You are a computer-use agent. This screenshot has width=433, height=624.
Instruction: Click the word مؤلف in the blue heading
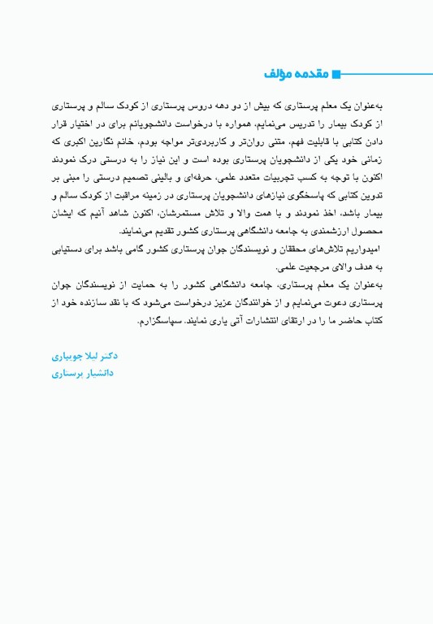pos(279,74)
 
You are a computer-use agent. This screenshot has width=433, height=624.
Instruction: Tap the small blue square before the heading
pos(336,74)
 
